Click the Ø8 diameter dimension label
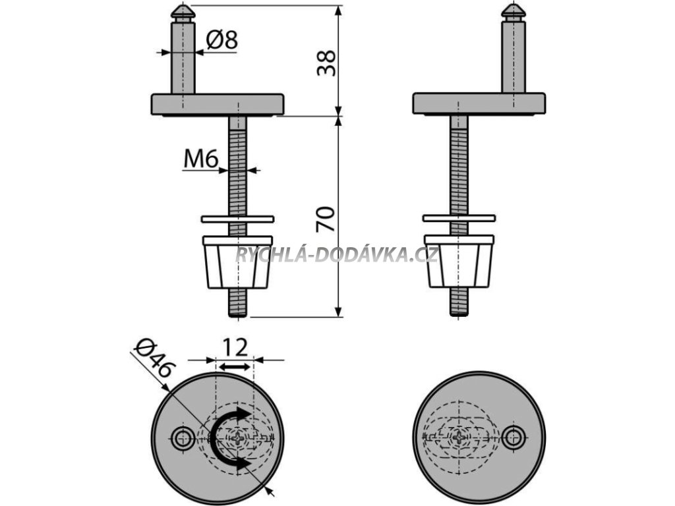coord(221,40)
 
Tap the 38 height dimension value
coord(326,62)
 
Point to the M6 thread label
coord(201,159)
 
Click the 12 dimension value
coord(234,347)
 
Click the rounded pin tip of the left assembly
coord(183,13)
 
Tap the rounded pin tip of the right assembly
coord(513,12)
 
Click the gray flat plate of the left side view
coord(218,103)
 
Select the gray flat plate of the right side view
coord(479,103)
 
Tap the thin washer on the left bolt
coord(237,218)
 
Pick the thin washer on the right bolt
coord(459,217)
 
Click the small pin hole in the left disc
coord(183,436)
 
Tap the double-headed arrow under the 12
coord(235,364)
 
